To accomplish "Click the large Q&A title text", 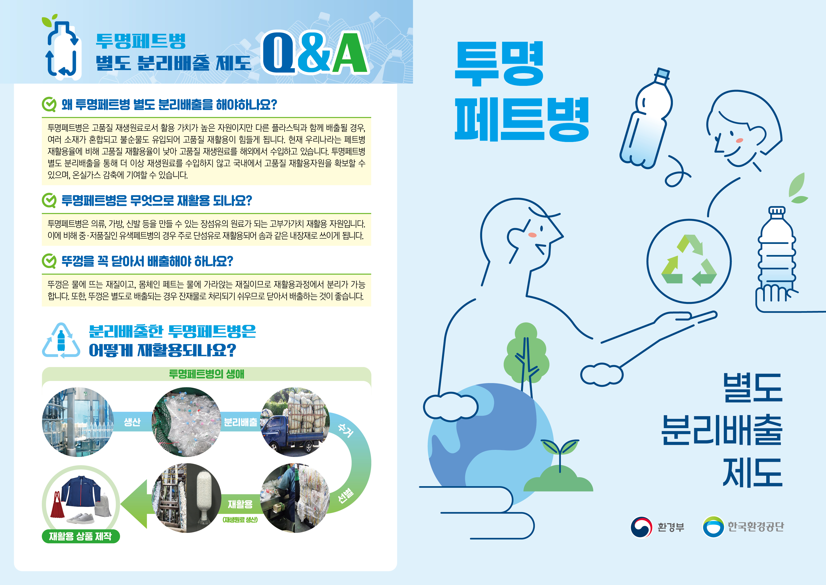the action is (x=315, y=53).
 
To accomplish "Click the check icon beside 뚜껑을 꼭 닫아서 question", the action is (x=49, y=261).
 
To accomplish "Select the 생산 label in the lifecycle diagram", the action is (x=132, y=422).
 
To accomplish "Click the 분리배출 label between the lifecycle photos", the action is (x=241, y=422).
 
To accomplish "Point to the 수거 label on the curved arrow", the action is (x=346, y=430).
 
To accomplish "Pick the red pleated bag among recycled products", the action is (x=60, y=504).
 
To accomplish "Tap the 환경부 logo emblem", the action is (x=641, y=527).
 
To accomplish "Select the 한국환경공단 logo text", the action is (x=756, y=527).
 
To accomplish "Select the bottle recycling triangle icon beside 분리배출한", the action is (x=61, y=340).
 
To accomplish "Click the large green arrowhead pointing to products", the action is (x=134, y=504).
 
